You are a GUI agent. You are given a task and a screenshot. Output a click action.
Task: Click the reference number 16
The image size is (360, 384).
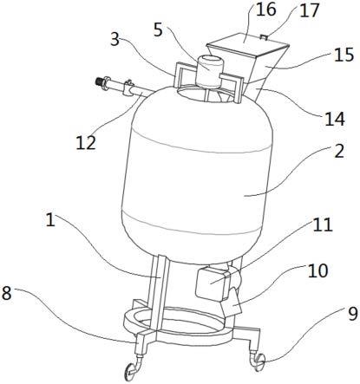[x=265, y=10]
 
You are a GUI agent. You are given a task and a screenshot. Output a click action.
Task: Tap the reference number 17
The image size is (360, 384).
[x=309, y=10]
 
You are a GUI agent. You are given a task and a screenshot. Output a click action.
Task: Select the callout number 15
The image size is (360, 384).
[x=344, y=54]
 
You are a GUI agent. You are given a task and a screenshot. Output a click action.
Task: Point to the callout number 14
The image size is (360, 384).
[x=335, y=119]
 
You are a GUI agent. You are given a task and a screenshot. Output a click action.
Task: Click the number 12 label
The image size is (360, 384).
[x=86, y=142]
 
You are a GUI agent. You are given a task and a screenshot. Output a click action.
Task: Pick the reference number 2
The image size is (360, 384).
[x=339, y=151]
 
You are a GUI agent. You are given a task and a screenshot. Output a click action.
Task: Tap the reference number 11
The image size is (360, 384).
[x=323, y=225]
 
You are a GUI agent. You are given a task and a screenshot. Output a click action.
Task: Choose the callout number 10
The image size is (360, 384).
[x=317, y=270]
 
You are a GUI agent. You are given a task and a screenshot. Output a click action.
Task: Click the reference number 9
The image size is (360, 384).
[x=352, y=314]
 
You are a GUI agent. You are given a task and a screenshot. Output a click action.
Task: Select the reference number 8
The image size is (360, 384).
[x=6, y=293]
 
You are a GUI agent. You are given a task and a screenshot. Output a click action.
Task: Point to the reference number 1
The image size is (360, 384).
[x=50, y=220]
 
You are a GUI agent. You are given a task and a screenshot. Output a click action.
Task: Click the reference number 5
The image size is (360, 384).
[x=158, y=29]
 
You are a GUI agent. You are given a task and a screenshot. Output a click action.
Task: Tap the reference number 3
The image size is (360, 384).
[x=115, y=38]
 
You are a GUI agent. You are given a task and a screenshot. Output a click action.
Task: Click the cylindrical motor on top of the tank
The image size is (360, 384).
[x=209, y=72]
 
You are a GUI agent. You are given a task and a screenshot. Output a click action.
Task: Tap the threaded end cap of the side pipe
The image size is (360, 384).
[x=100, y=81]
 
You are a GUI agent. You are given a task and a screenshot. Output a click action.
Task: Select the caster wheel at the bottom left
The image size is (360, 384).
[x=131, y=370]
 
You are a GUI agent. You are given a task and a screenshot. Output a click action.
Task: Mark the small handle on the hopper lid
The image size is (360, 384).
[x=264, y=36]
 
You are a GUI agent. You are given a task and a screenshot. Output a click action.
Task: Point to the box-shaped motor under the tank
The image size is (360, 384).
[x=212, y=283]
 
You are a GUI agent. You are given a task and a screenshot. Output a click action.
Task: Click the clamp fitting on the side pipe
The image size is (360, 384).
[x=128, y=88]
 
